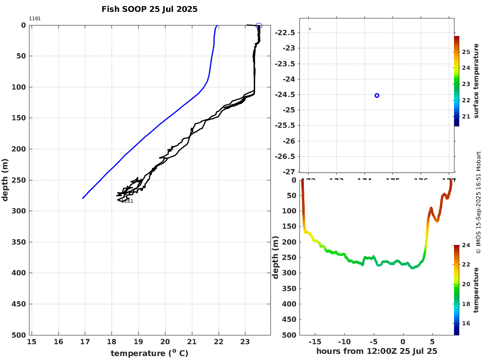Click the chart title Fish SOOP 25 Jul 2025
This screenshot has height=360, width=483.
(149, 9)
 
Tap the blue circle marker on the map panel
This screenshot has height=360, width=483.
(377, 95)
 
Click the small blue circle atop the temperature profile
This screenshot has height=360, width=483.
(259, 26)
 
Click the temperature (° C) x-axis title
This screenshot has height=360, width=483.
(149, 353)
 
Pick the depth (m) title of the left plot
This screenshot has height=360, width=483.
(5, 180)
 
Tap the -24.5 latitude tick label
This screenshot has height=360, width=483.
(285, 95)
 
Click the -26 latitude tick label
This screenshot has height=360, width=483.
(288, 141)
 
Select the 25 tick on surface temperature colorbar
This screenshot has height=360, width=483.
(466, 52)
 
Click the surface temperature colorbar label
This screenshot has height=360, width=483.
(476, 81)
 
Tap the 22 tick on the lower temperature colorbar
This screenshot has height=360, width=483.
(466, 264)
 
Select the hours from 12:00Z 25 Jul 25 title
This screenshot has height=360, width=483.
(377, 351)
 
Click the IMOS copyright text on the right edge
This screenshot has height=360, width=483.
(478, 202)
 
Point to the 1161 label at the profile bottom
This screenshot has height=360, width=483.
(127, 202)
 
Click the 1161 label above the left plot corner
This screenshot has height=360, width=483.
(35, 18)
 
